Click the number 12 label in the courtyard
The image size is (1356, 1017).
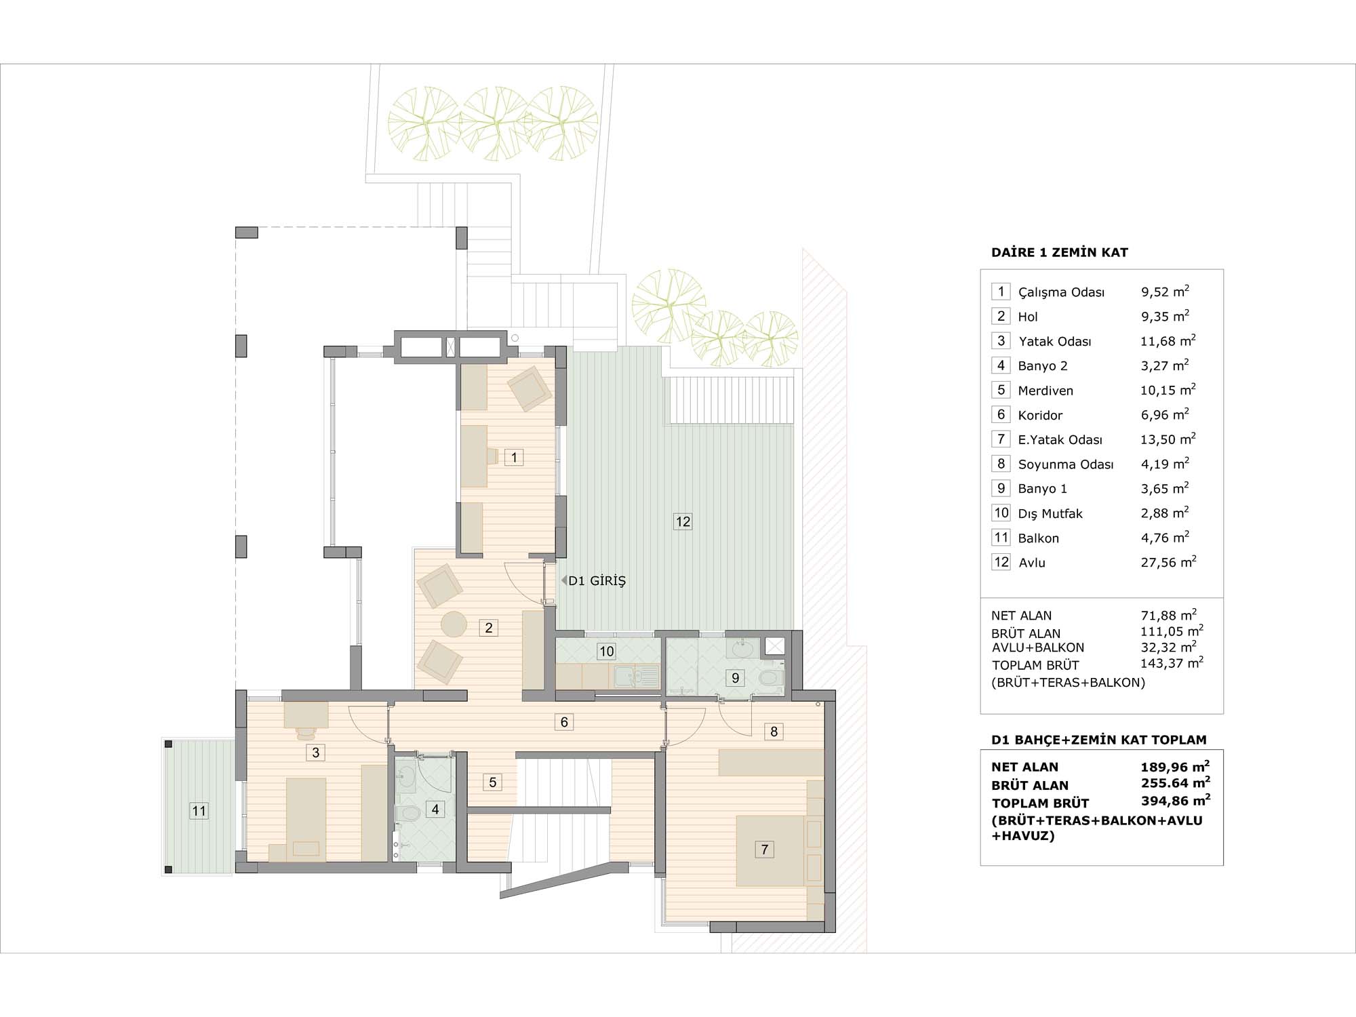[683, 521]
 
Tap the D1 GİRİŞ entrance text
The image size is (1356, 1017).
[597, 581]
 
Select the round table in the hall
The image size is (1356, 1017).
[454, 624]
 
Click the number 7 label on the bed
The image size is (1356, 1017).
[765, 850]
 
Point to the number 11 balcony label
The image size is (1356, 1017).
[199, 811]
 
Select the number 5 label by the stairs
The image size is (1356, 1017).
[493, 782]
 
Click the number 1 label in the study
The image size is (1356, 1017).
[514, 458]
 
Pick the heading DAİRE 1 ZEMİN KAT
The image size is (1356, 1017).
[1060, 252]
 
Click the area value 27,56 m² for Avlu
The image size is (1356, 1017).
[1168, 562]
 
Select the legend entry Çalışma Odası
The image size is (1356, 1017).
[1061, 292]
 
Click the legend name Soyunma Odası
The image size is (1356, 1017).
[1066, 464]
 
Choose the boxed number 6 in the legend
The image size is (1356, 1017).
[1001, 414]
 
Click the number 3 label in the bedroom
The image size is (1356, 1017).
[315, 752]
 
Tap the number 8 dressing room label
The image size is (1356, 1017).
[774, 732]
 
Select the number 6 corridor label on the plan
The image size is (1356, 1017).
[564, 722]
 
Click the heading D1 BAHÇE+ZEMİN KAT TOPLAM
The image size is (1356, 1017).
[1099, 740]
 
